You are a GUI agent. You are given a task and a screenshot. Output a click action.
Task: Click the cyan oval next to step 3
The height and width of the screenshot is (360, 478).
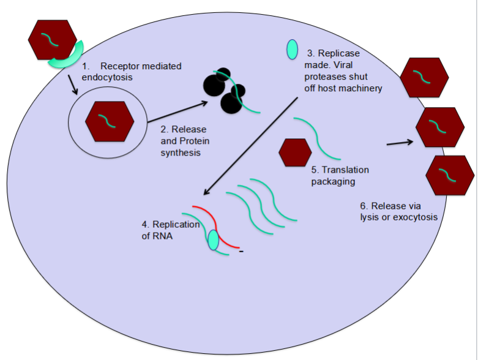(x=293, y=49)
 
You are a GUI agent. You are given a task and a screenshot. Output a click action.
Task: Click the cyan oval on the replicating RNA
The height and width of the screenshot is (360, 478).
(x=213, y=240)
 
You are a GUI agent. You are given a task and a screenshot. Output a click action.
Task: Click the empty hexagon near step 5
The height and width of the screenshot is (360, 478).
(x=295, y=153)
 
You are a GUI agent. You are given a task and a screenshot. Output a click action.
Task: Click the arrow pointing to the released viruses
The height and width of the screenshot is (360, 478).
(x=400, y=143)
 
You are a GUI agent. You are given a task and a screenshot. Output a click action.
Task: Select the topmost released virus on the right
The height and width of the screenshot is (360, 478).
(x=424, y=78)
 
